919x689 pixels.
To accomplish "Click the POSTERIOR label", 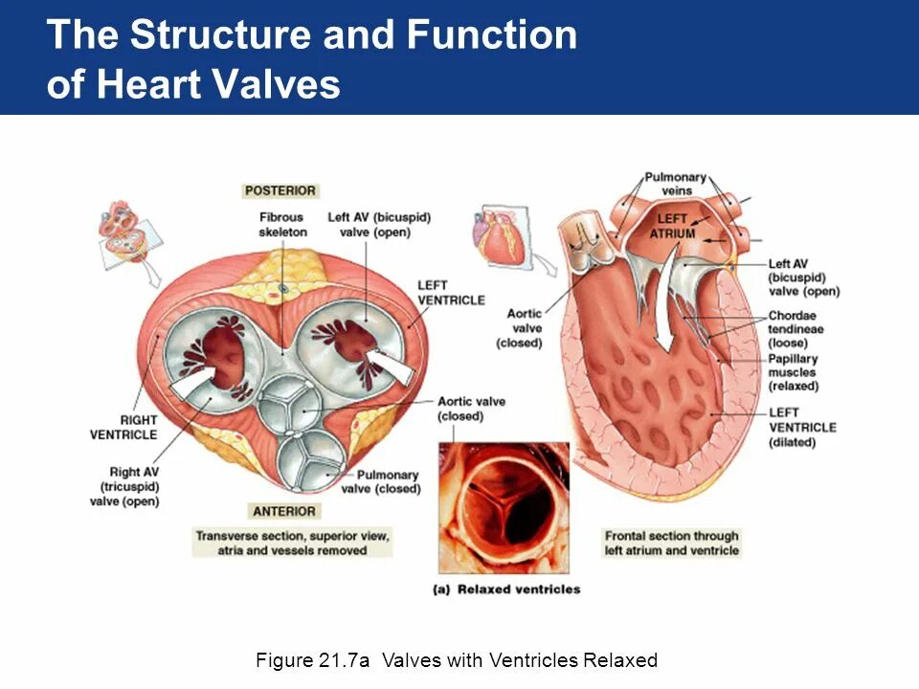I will point(280,191).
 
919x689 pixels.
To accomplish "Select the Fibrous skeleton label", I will point(283,225).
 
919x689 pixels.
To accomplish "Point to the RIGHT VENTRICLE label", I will point(123,427).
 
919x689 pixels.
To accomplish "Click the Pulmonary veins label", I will point(676,184).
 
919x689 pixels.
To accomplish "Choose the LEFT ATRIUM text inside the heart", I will point(672,226).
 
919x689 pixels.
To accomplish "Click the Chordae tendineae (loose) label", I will point(796,328).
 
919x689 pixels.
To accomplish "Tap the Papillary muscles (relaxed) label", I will point(794,372).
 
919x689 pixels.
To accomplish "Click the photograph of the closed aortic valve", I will point(504,507).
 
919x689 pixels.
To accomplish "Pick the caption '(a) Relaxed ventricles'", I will point(507,589).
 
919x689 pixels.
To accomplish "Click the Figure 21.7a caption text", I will point(457,660).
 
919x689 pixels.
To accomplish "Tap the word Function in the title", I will point(492,35).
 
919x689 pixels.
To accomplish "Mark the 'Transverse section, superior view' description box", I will point(293,543).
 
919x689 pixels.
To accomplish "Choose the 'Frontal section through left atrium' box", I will point(672,544).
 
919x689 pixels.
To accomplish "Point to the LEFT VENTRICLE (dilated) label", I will point(802,427).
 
